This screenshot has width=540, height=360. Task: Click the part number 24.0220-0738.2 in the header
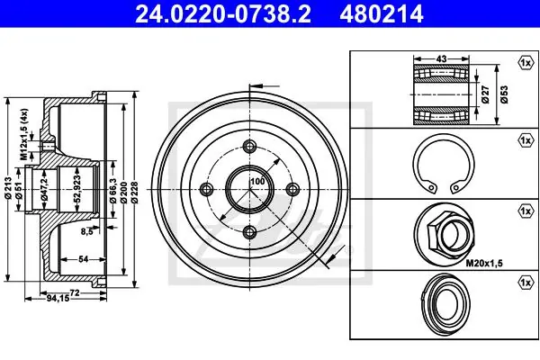pyautogui.click(x=223, y=14)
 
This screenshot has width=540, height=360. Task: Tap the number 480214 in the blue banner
pyautogui.click(x=382, y=14)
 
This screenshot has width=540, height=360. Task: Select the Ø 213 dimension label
pyautogui.click(x=8, y=188)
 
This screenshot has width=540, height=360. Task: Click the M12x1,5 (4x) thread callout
pyautogui.click(x=23, y=134)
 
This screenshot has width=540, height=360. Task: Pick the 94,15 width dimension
pyautogui.click(x=58, y=298)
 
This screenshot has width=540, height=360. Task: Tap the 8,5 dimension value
pyautogui.click(x=87, y=232)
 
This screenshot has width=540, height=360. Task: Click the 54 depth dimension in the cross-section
pyautogui.click(x=84, y=258)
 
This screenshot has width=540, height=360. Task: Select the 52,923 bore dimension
pyautogui.click(x=77, y=188)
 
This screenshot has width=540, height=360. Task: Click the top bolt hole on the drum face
pyautogui.click(x=249, y=146)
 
